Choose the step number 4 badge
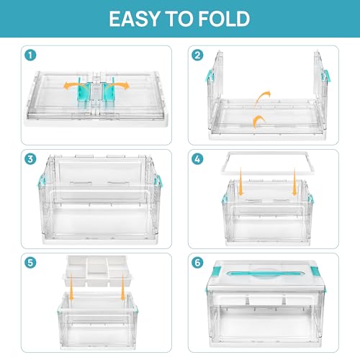(x=198, y=158)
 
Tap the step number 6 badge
(x=198, y=261)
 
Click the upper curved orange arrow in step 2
(x=264, y=99)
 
